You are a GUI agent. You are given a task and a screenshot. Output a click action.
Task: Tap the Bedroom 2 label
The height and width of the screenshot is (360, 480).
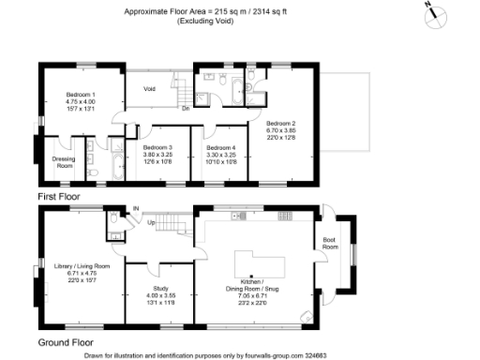280,123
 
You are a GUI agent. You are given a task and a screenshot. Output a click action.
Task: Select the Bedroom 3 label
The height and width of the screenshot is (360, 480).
157,148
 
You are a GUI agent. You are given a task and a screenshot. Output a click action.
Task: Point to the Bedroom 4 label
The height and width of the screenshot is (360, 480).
220,148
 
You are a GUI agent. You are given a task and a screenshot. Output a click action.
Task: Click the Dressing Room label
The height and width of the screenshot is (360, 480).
63,161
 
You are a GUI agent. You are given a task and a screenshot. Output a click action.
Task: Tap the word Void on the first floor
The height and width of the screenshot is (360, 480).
148,89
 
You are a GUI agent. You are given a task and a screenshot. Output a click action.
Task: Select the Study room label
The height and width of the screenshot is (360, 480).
157,290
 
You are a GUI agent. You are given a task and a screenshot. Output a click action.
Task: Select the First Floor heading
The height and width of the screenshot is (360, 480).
59,198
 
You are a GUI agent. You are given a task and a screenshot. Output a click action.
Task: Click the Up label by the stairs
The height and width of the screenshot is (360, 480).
150,223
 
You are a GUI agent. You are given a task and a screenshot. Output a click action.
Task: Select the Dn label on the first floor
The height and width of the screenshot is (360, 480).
187,108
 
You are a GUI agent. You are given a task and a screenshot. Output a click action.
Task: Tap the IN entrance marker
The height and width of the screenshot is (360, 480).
135,208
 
